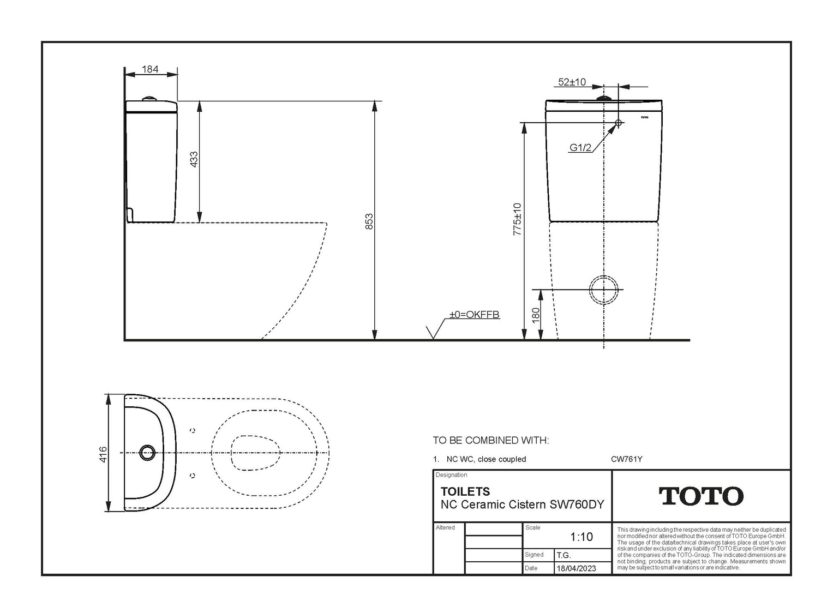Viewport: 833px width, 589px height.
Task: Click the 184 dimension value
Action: [x=150, y=69]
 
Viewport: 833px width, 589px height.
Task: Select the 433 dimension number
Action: [x=194, y=159]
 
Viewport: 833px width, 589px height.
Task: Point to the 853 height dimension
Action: [x=369, y=221]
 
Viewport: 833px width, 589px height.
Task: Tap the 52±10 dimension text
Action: [x=572, y=82]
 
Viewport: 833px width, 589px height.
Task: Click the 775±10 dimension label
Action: [x=517, y=219]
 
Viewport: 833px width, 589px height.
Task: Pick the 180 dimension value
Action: [x=536, y=316]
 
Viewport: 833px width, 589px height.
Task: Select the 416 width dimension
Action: [x=103, y=454]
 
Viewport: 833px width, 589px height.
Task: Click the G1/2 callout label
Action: [x=580, y=148]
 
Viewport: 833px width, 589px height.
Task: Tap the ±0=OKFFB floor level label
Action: [x=474, y=315]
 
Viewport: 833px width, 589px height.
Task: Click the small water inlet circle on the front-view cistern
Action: [x=619, y=122]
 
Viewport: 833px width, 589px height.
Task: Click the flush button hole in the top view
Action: [x=147, y=453]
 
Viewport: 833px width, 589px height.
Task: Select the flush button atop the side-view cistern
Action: [x=149, y=99]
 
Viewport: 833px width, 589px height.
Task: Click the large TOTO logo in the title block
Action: [x=701, y=496]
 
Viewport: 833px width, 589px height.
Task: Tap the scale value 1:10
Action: [x=582, y=537]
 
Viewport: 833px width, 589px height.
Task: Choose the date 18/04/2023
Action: [x=576, y=568]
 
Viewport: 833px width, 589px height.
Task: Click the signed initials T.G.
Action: [x=564, y=555]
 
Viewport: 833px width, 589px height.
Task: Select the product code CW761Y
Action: [x=627, y=459]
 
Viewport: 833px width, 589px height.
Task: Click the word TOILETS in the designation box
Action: [x=465, y=491]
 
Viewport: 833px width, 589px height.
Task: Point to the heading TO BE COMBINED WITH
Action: [x=490, y=440]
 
